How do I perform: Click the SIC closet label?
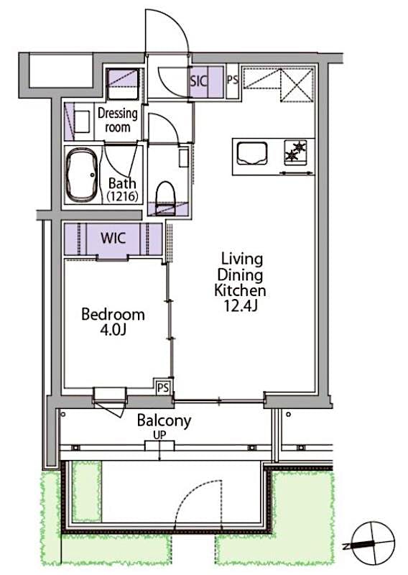198,80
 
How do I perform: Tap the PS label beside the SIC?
233,80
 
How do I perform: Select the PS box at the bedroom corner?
163,387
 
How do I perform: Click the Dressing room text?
118,120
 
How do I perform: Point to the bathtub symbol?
82,175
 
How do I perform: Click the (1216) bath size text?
122,195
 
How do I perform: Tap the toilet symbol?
166,195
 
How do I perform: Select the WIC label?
114,238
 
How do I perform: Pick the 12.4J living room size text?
241,306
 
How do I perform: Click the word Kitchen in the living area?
241,290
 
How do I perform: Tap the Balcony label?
164,420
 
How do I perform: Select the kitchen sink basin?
251,152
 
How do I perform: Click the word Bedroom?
113,315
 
